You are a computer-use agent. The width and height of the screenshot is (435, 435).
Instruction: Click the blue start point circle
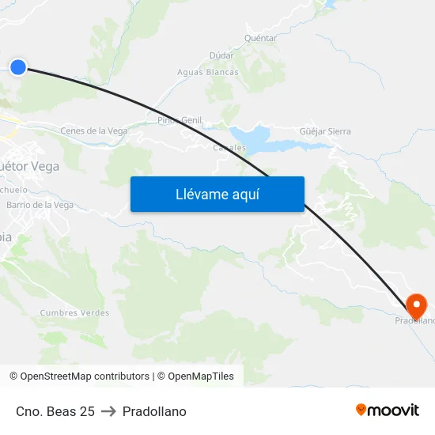tap(18, 67)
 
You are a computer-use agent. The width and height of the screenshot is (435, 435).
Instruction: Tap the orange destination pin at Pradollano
tap(416, 304)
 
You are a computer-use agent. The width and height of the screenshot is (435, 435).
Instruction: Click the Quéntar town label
tap(261, 38)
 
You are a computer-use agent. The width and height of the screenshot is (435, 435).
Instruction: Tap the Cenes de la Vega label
tap(94, 131)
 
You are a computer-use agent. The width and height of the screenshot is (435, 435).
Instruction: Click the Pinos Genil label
tap(180, 120)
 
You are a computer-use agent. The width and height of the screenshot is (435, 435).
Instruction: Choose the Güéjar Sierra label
tap(326, 131)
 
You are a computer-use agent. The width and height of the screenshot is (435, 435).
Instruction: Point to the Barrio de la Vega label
tap(40, 205)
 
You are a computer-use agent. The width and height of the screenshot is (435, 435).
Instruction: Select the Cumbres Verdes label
tap(74, 313)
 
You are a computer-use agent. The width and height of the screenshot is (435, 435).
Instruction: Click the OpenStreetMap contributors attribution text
tap(79, 376)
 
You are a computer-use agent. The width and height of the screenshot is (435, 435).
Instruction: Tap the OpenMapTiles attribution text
tap(201, 376)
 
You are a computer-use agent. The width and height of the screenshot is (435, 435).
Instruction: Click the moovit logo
tap(387, 410)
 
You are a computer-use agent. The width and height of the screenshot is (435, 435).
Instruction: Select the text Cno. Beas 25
tap(55, 411)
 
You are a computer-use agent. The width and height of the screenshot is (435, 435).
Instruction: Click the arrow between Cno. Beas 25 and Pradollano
tap(108, 411)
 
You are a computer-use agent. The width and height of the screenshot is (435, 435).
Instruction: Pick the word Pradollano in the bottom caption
tap(154, 411)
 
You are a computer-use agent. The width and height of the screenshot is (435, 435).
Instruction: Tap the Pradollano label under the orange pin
tap(415, 320)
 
